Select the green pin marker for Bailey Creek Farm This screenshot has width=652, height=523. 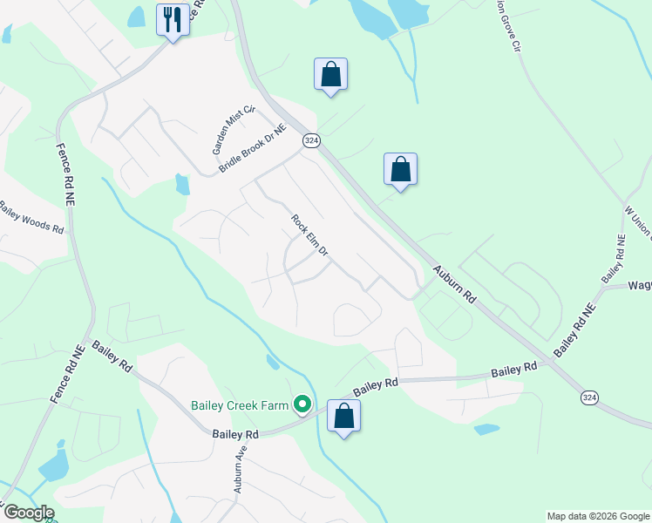click(x=302, y=404)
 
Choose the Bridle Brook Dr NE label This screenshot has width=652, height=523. click(x=253, y=147)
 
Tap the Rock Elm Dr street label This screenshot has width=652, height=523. click(x=309, y=235)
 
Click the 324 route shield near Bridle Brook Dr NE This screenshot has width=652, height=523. click(x=310, y=139)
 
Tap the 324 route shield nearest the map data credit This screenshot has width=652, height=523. click(x=589, y=397)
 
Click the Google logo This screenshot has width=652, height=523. click(x=29, y=513)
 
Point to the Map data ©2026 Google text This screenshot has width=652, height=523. click(x=597, y=516)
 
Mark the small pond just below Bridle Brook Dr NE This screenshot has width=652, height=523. click(x=182, y=184)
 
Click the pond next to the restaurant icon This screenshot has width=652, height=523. click(x=137, y=17)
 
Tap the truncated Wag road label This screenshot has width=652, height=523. click(x=639, y=284)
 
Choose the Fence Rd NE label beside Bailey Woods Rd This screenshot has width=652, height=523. click(x=68, y=173)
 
